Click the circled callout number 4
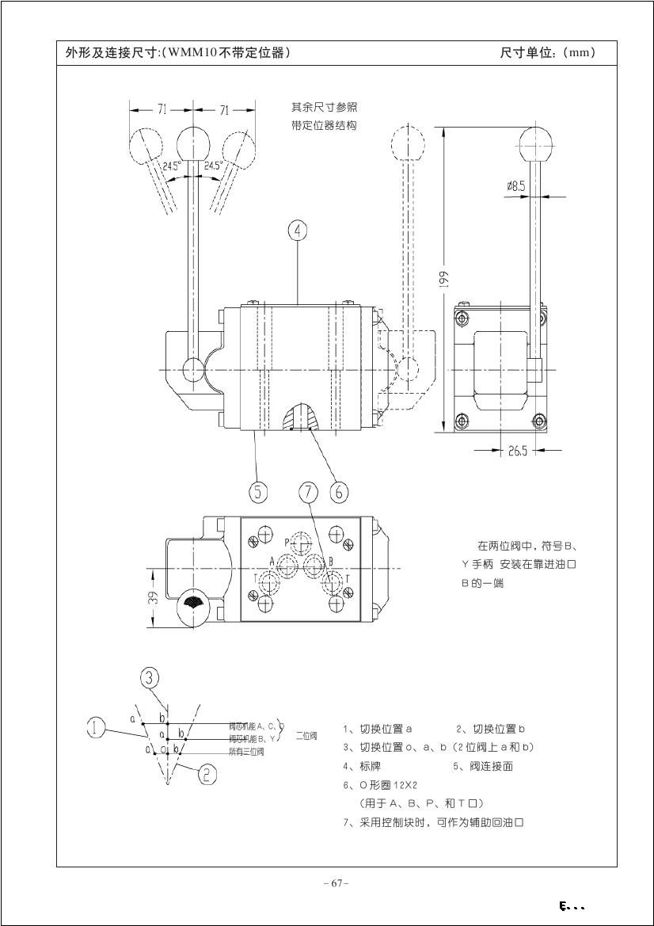tap(297, 231)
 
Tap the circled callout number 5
tap(258, 491)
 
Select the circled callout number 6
tap(339, 491)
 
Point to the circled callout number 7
tap(308, 491)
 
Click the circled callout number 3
tap(150, 677)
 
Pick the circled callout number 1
tap(96, 727)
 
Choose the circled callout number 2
tap(207, 774)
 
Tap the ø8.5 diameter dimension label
tap(516, 185)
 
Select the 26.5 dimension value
tap(518, 451)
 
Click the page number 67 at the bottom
tap(337, 883)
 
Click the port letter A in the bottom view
tap(272, 561)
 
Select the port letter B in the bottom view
tap(330, 561)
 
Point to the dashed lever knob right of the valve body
tap(408, 143)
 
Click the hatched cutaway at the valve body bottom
tap(297, 417)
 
